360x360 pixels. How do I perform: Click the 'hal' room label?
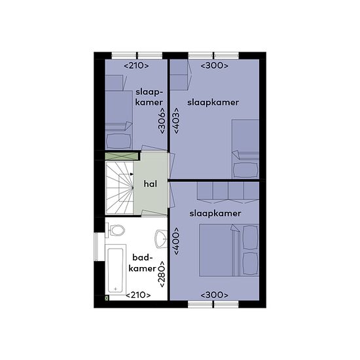coord(151,184)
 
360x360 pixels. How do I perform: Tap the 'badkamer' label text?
coord(142,263)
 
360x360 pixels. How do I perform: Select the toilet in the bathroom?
coord(115,230)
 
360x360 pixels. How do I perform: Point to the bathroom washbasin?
coord(161,239)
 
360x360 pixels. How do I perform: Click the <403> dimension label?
coord(176,120)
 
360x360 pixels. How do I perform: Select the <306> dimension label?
coord(162,121)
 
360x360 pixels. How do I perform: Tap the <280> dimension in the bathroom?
coord(162,274)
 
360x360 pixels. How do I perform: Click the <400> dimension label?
coord(176,241)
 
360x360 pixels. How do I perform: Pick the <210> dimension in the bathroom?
coord(138,295)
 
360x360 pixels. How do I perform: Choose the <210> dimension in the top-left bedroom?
coord(136,65)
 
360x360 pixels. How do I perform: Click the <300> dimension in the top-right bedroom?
coord(215,65)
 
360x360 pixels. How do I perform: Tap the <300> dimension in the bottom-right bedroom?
coord(215,295)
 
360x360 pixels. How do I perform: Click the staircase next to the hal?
coord(119,188)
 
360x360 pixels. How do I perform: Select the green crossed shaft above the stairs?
coord(122,156)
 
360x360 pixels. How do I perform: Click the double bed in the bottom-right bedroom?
coord(229,250)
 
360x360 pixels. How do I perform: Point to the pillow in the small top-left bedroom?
coord(119,141)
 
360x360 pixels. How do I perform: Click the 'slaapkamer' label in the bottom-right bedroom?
coord(215,213)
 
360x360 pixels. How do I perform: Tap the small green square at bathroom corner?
coord(107,298)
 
